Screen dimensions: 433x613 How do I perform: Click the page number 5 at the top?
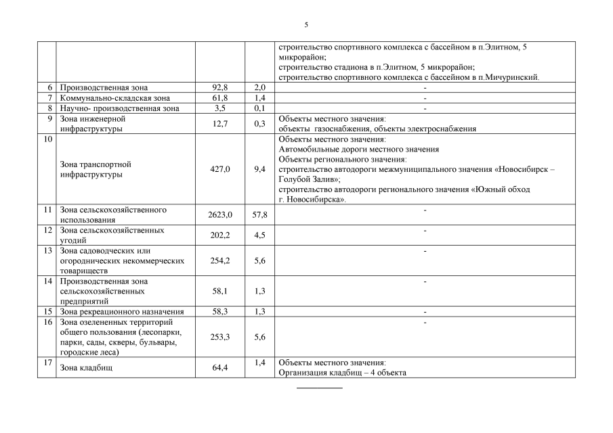click(306, 24)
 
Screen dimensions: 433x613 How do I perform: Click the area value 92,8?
click(220, 88)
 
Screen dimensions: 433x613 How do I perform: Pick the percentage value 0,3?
click(259, 123)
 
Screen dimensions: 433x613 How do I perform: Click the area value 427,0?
click(220, 169)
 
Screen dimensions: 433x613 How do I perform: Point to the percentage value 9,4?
click(259, 169)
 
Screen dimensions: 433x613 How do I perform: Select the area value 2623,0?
click(220, 214)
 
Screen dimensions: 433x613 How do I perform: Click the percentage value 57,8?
click(259, 214)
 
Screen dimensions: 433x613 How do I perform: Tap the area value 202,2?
click(220, 235)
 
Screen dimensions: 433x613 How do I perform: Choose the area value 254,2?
click(220, 260)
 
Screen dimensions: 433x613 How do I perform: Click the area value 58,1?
click(220, 291)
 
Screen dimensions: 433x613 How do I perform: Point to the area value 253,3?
click(220, 336)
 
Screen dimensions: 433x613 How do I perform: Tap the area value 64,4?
click(220, 367)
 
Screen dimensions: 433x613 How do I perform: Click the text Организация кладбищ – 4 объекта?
click(343, 373)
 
